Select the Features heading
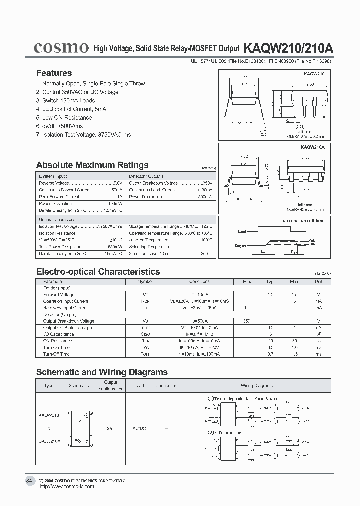tap(54, 73)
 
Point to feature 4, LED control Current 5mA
tap(71, 109)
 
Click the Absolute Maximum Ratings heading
tap(92, 165)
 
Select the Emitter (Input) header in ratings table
tap(53, 176)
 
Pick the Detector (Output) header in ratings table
tap(145, 176)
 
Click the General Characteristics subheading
tap(60, 220)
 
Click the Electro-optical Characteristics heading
tap(98, 272)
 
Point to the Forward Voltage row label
tap(59, 295)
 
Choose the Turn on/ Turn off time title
tap(302, 220)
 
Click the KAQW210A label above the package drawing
tap(313, 147)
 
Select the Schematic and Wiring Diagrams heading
tap(102, 372)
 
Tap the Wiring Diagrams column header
tap(257, 386)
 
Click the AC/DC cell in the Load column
tap(139, 428)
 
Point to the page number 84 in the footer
tap(29, 480)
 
